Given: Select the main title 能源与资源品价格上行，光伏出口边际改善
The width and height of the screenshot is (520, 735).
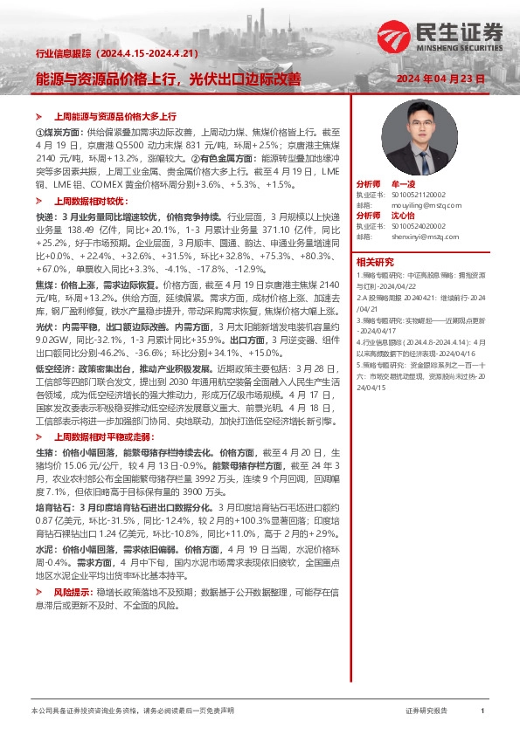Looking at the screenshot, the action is (x=168, y=79).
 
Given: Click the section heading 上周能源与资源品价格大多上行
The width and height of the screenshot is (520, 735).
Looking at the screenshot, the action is (x=115, y=116).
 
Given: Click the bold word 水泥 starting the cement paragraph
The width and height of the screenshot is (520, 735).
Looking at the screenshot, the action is (x=44, y=552).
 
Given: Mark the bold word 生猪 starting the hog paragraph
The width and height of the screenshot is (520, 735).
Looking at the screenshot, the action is (x=44, y=454).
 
